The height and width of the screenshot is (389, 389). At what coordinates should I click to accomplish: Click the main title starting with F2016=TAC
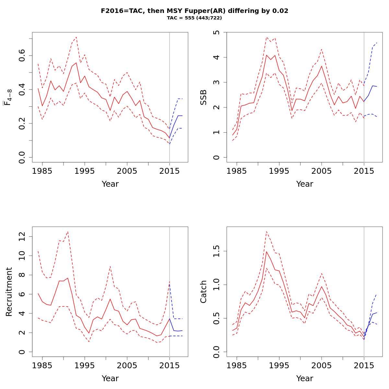(x=194, y=11)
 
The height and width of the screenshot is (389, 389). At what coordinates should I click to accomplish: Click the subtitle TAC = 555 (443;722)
(x=194, y=18)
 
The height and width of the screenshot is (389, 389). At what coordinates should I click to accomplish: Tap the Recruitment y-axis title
(x=9, y=291)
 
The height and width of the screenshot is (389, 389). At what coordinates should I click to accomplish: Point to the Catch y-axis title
(x=204, y=291)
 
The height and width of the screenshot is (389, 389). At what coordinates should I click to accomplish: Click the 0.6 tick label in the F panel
(x=22, y=56)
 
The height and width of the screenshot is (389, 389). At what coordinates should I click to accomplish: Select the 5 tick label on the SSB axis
(x=217, y=32)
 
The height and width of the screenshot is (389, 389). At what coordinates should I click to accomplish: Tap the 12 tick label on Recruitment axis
(x=22, y=237)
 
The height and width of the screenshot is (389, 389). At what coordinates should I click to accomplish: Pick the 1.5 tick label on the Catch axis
(x=217, y=251)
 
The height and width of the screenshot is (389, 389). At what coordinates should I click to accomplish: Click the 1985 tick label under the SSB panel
(x=237, y=171)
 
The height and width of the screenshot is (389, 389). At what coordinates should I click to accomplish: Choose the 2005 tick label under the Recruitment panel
(x=127, y=366)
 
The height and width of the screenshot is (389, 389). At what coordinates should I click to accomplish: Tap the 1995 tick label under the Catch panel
(x=279, y=366)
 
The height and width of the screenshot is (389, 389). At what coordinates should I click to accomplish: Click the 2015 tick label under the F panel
(x=169, y=171)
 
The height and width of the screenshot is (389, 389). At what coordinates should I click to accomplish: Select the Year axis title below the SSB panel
(x=305, y=184)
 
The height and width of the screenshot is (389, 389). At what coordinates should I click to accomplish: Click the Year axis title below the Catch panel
(x=305, y=379)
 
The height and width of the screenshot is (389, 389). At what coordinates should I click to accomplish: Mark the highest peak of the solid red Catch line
(x=266, y=252)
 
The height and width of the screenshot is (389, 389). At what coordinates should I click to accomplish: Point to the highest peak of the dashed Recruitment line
(x=68, y=231)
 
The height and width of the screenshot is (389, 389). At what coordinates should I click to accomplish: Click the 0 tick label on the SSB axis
(x=217, y=157)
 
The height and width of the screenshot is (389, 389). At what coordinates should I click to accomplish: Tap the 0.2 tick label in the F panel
(x=22, y=124)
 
